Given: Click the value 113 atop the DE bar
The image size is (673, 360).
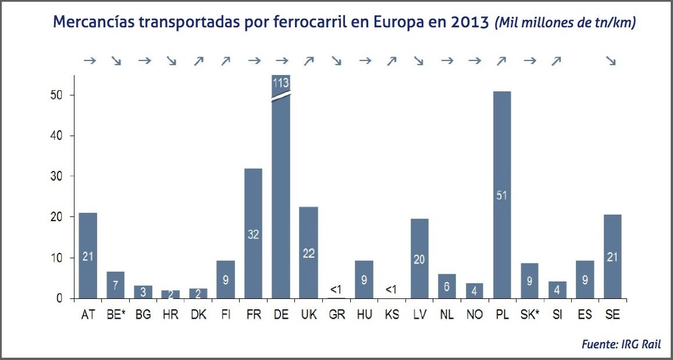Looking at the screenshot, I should click(x=281, y=83).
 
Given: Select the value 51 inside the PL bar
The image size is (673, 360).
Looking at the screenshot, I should click(x=501, y=195).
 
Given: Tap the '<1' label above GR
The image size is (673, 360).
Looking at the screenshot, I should click(x=336, y=289).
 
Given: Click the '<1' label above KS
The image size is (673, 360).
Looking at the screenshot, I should click(x=391, y=289).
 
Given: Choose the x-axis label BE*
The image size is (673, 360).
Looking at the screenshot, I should click(x=116, y=315).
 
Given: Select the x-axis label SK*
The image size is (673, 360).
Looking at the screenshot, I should click(x=529, y=315).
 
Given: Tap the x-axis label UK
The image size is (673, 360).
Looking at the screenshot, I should click(x=308, y=315).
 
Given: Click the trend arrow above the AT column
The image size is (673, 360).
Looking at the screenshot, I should click(x=88, y=60).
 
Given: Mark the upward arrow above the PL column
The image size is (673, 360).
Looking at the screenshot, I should click(x=501, y=60).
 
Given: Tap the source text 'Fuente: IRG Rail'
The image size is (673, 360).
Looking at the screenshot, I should click(x=621, y=344).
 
